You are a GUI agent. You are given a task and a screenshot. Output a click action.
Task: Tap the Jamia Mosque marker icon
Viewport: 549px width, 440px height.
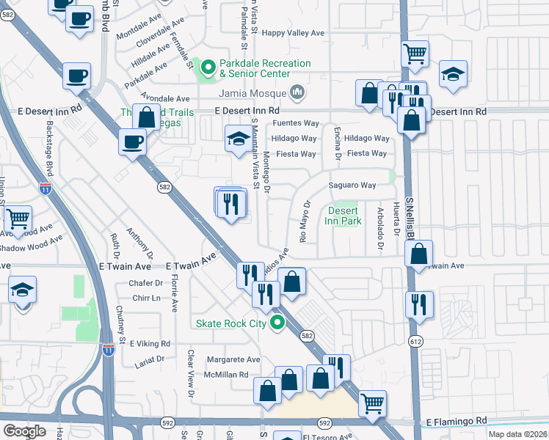coord(297,92)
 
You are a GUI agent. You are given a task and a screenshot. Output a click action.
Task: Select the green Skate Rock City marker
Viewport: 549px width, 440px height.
coord(277,323)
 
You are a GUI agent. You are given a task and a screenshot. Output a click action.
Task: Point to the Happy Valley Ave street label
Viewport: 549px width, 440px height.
coord(294,33)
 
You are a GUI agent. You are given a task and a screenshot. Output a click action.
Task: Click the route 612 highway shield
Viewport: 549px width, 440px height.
coord(416,342)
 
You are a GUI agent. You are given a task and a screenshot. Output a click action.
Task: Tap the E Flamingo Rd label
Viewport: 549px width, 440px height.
coord(457,422)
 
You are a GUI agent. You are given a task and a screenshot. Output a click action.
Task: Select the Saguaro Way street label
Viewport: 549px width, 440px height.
coord(352,186)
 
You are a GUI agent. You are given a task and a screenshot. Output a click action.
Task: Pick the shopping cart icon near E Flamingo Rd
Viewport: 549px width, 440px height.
coord(373,402)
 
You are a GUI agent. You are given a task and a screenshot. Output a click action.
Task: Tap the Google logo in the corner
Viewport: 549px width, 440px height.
coord(24,430)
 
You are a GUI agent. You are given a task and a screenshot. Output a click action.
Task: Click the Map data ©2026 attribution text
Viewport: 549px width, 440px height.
coord(516,434)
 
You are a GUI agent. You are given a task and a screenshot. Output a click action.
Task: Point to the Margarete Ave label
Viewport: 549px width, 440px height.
coord(233,360)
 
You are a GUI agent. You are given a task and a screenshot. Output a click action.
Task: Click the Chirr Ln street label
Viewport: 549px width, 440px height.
coord(146,298)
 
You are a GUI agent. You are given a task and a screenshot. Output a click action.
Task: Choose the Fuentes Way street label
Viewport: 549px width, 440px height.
coord(295,123)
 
